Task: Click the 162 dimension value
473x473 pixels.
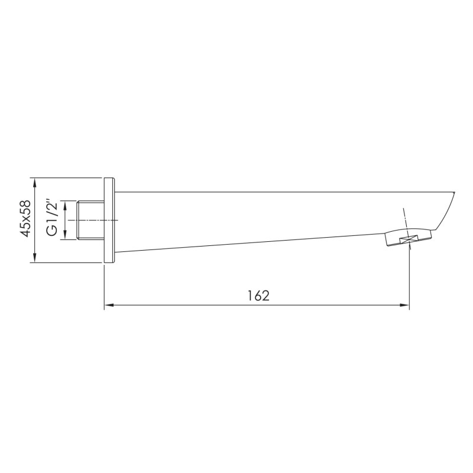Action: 258,296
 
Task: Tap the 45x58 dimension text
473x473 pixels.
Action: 25,218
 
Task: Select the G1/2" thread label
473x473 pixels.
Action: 52,218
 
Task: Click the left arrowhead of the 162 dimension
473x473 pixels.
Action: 109,305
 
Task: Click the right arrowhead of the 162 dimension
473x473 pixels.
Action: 405,305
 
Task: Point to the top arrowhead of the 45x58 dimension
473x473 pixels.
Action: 35,183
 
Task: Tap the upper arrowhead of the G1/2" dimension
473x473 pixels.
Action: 65,205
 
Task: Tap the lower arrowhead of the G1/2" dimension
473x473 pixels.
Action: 65,235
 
